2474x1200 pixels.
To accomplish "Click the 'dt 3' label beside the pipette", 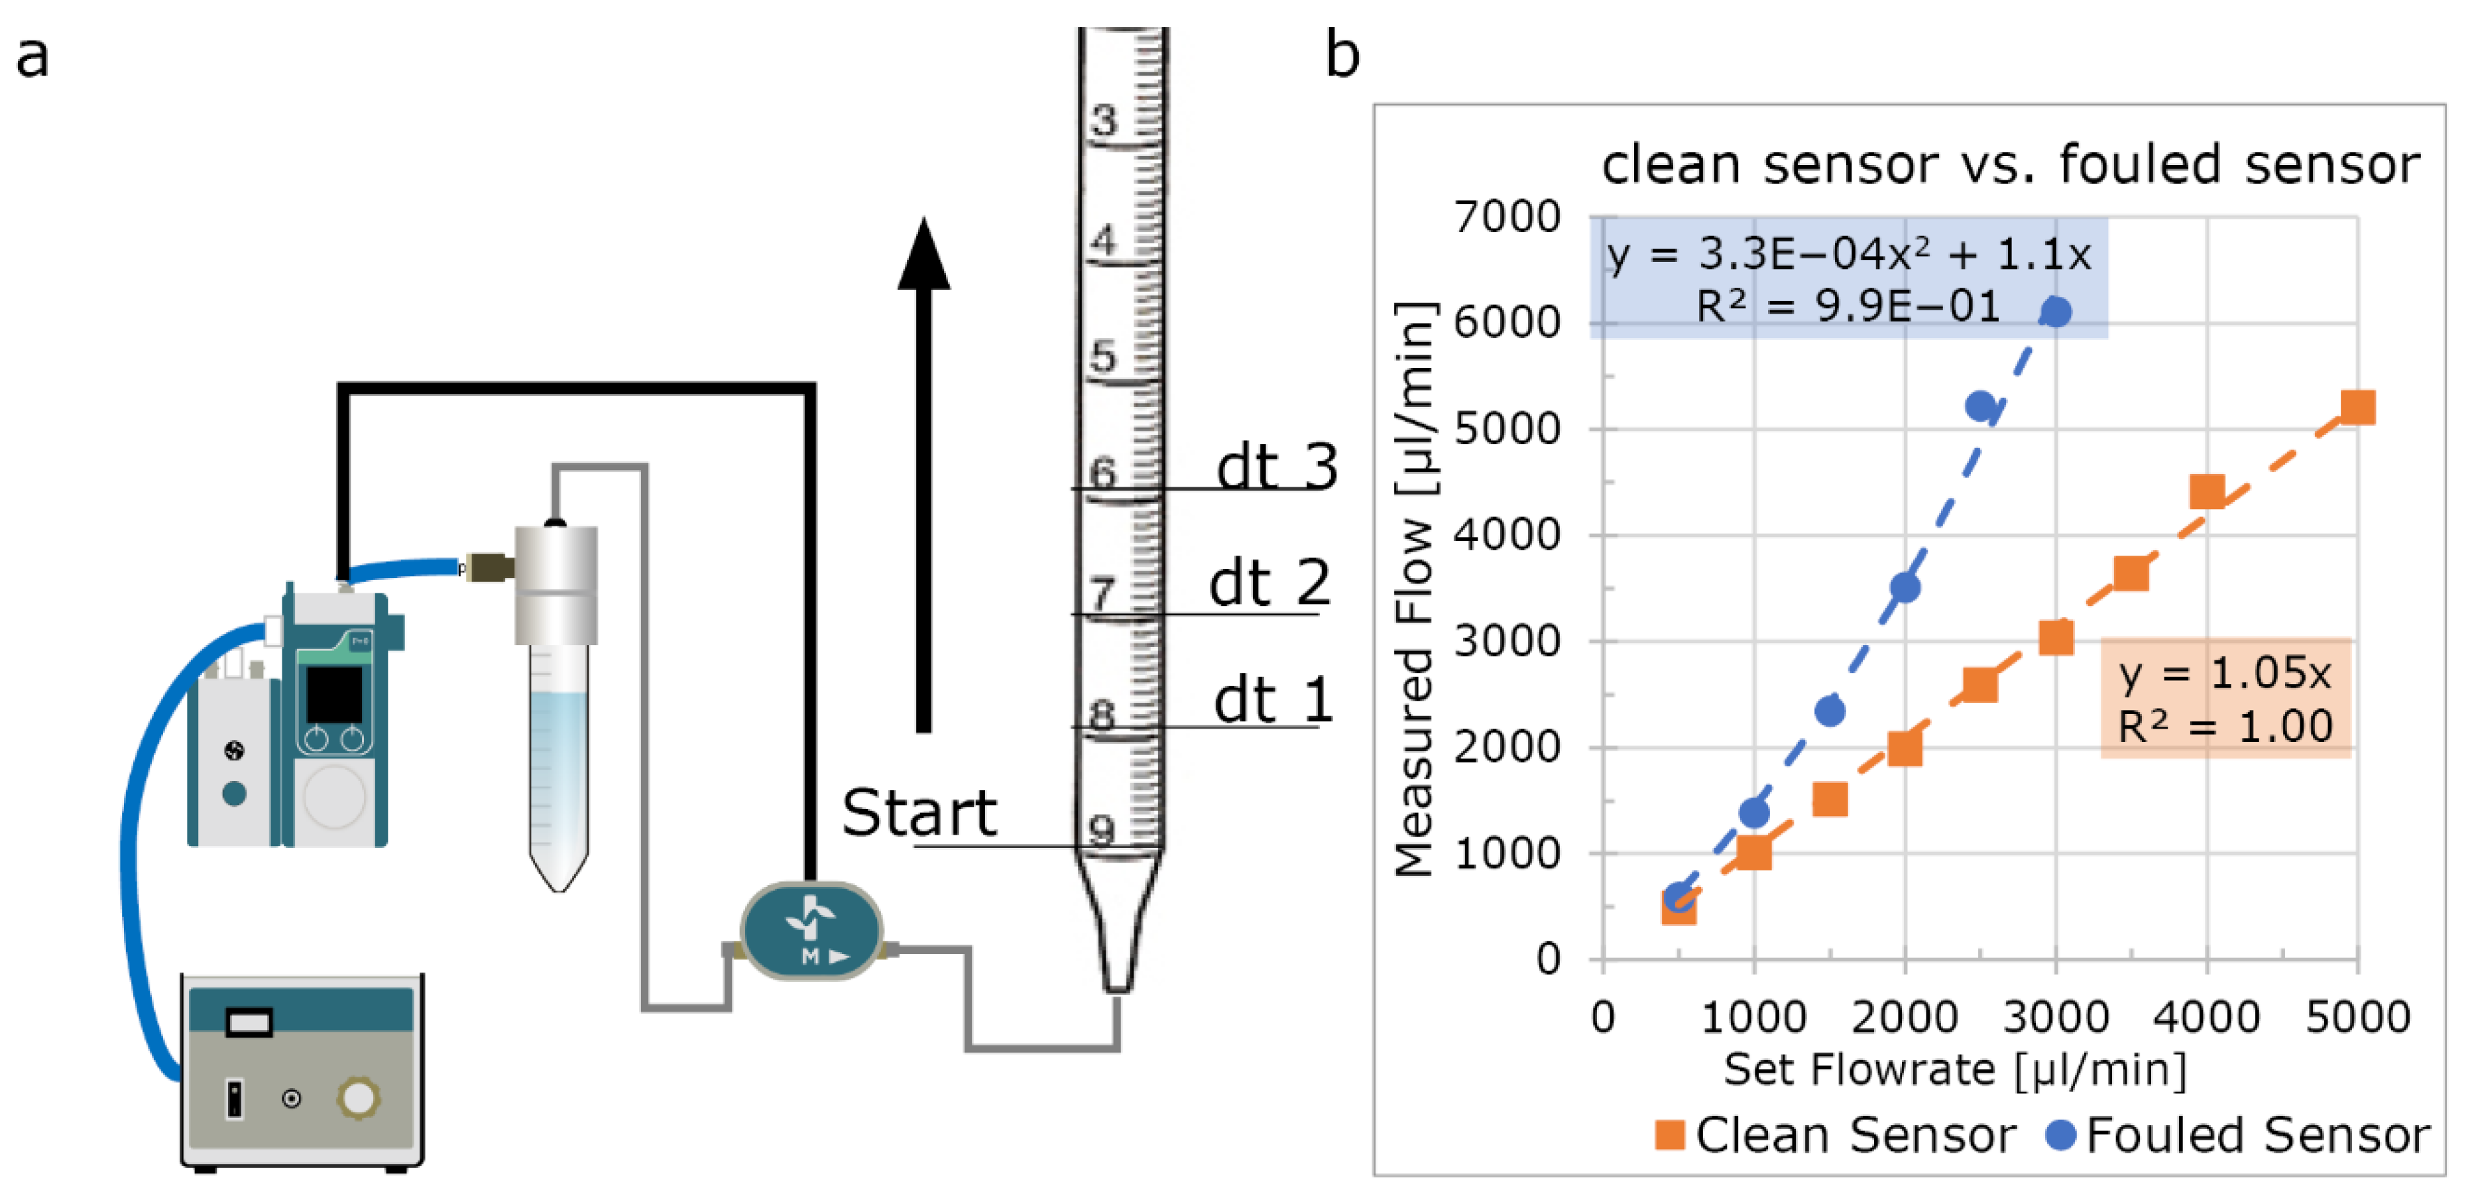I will (x=1276, y=468).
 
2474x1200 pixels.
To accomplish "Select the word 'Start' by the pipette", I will (x=919, y=813).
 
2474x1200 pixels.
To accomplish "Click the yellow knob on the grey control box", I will (x=358, y=1097).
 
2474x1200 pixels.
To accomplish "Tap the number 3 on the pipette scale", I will (x=1104, y=121).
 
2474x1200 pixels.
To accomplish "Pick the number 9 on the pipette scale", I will (x=1102, y=828).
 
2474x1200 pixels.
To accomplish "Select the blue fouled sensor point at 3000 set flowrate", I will (x=2055, y=312).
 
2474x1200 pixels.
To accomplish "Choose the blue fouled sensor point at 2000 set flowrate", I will (x=1905, y=587).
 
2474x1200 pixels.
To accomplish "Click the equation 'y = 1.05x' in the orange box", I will (x=2224, y=672).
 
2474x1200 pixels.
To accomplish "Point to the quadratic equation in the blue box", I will (x=1848, y=255).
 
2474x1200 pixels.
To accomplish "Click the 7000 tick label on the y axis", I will (x=1507, y=217).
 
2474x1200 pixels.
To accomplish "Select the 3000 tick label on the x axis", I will (x=2055, y=1016).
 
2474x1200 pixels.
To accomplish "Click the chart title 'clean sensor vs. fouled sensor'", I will (x=2010, y=164).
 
